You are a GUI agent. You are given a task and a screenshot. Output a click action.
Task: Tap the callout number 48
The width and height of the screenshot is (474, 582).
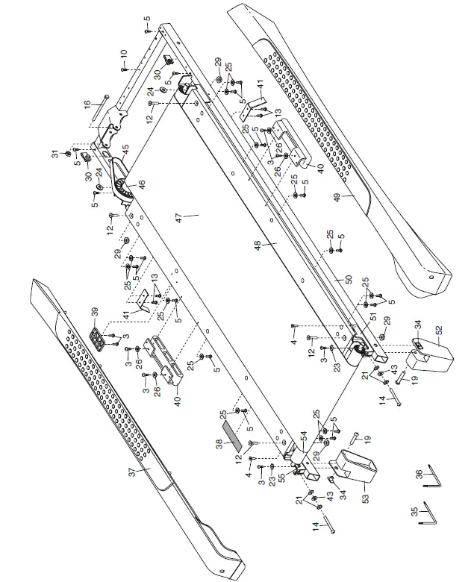pyautogui.click(x=275, y=244)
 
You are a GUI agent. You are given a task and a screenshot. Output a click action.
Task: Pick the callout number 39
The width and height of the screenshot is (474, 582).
pyautogui.click(x=94, y=311)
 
